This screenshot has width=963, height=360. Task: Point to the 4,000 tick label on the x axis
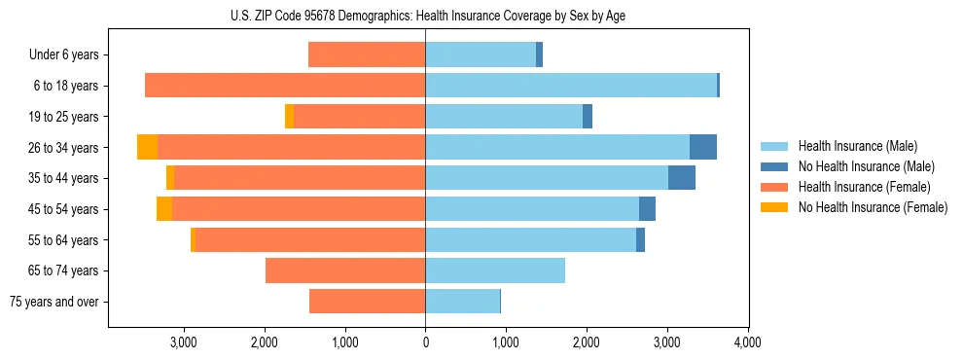747,342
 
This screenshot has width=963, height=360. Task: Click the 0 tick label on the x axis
425,342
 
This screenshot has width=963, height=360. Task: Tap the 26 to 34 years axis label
64,148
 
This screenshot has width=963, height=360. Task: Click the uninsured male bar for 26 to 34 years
703,147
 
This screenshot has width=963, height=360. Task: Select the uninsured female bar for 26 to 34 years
147,147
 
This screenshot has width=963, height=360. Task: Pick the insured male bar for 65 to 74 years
495,270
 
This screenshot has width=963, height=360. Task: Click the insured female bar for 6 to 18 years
285,86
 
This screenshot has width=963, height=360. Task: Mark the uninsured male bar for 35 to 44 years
682,178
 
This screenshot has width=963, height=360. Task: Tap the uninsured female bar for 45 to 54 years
164,208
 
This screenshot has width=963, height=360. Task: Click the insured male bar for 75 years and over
462,302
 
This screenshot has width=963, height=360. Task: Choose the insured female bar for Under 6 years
367,54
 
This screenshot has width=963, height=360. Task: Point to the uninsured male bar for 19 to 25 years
588,117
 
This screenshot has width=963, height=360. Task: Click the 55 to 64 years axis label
64,240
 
